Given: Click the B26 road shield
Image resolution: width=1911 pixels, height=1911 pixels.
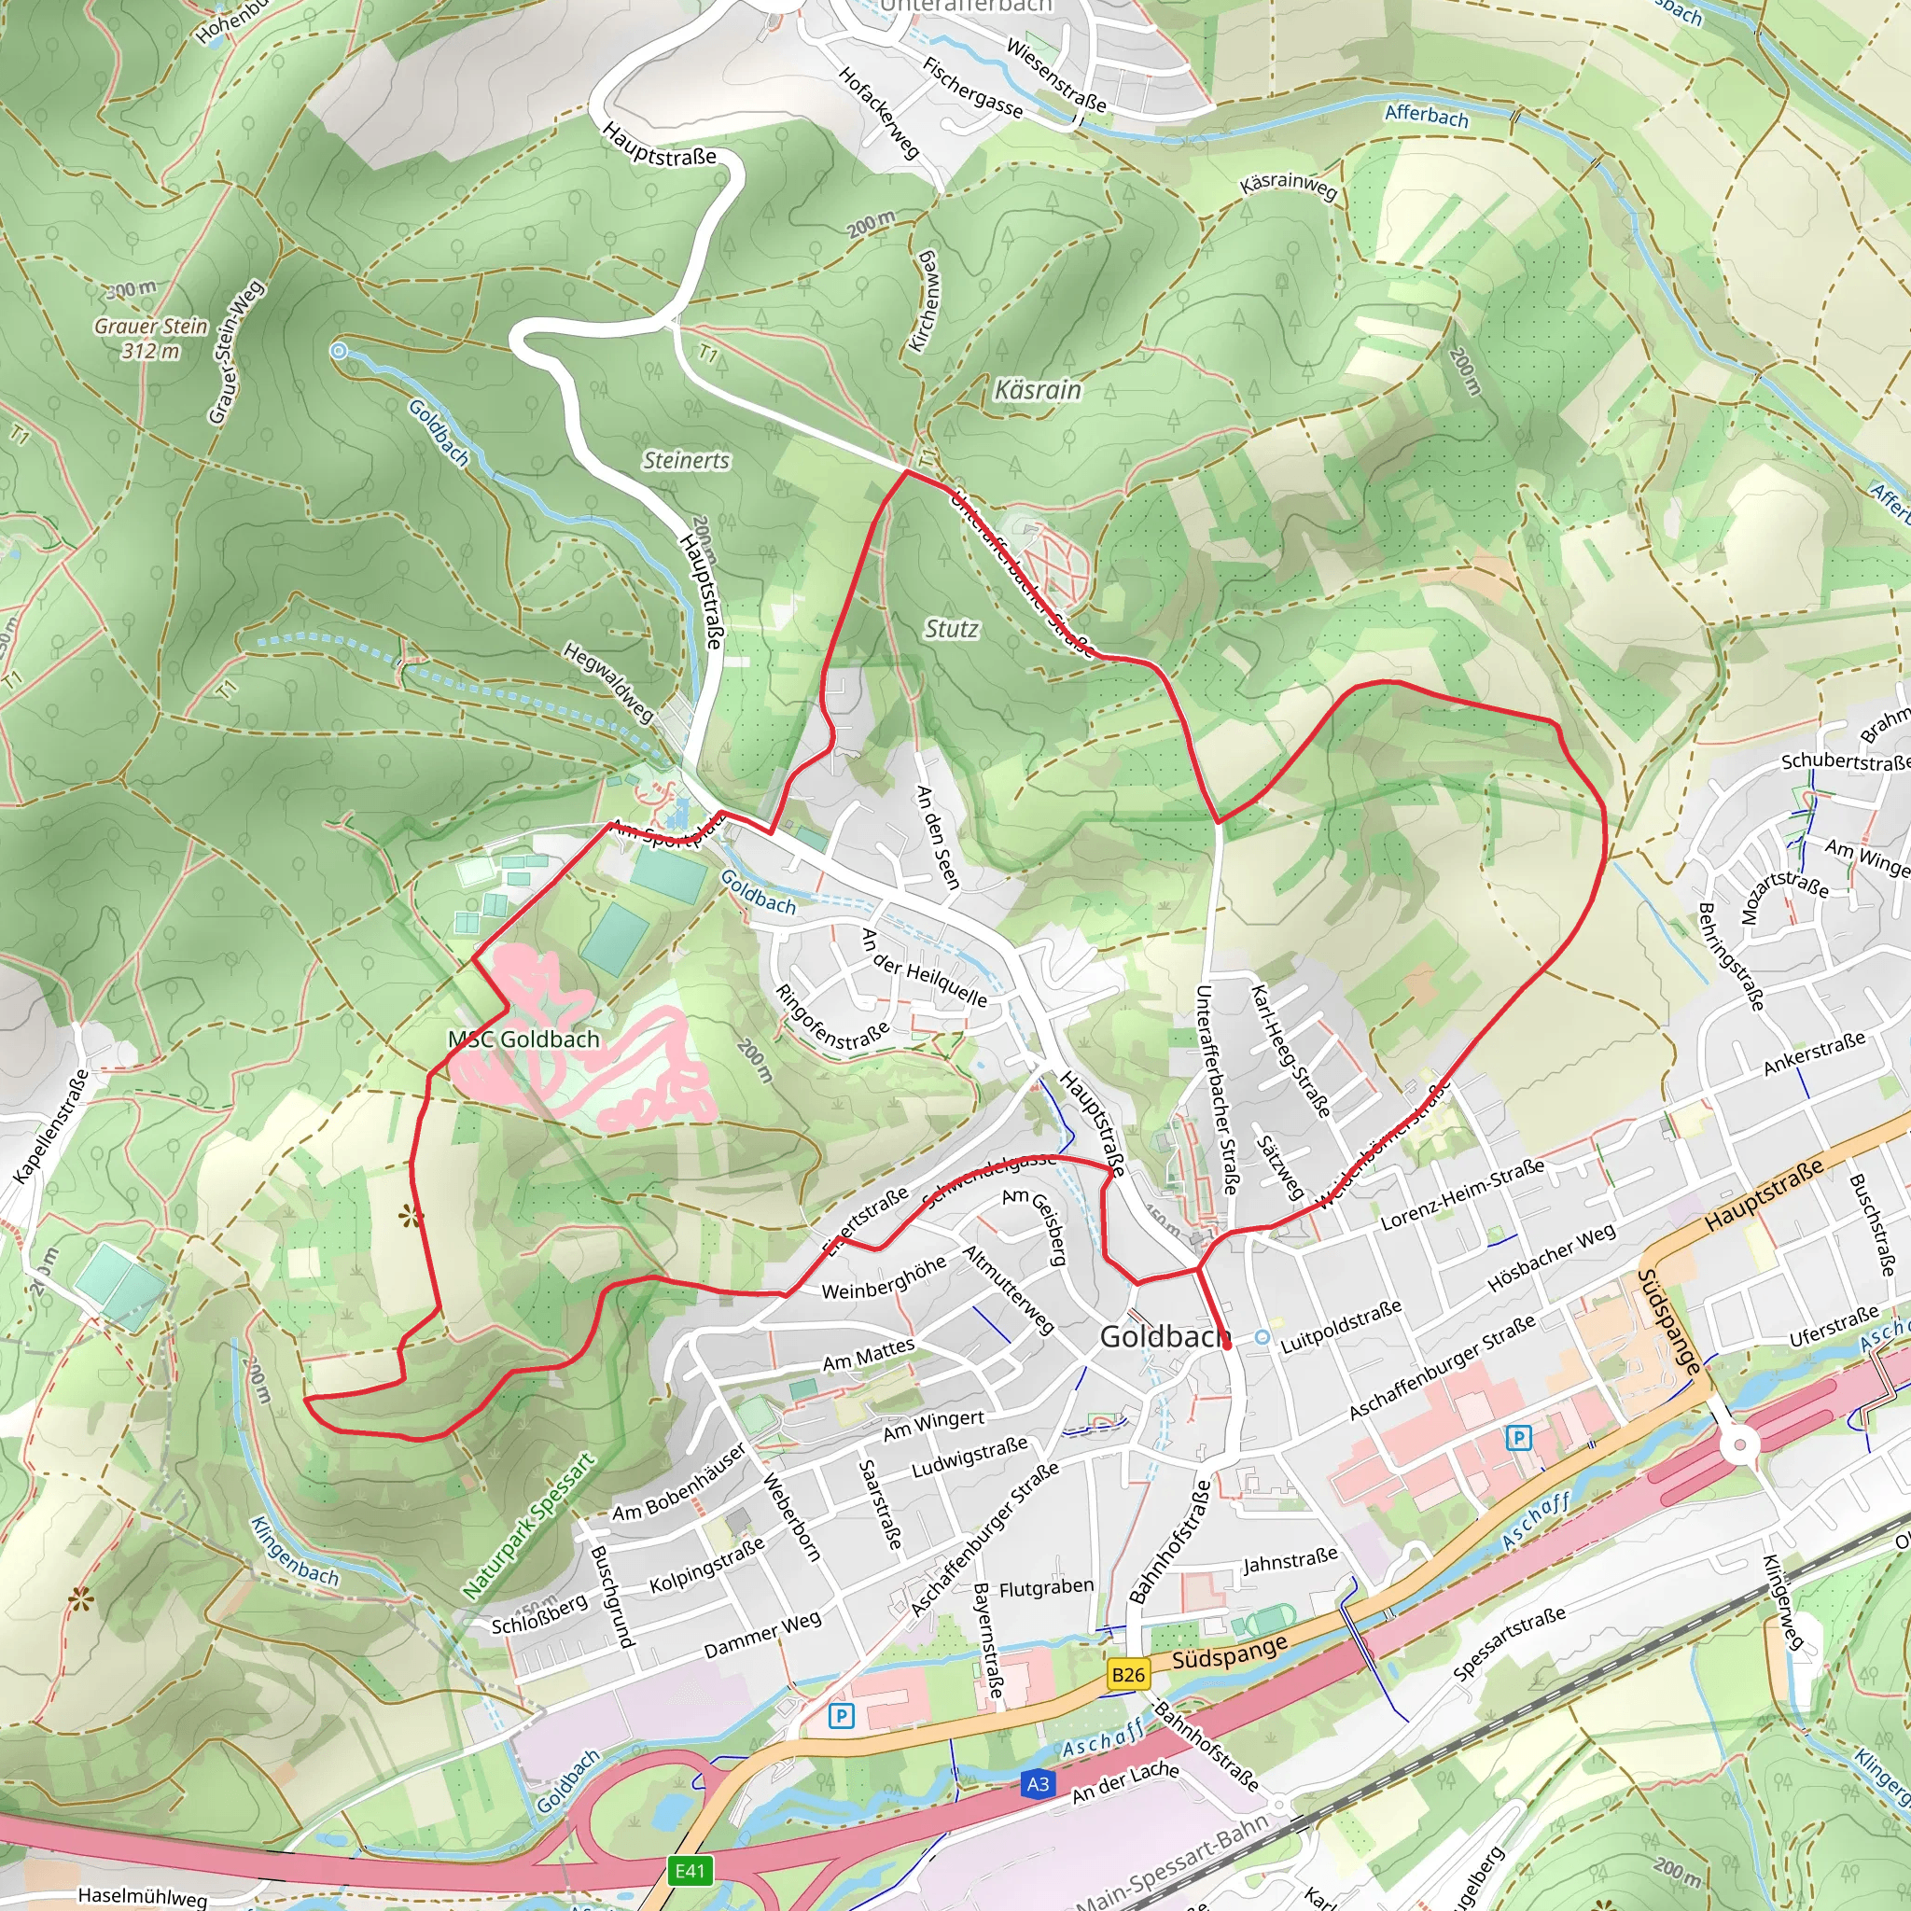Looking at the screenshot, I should [x=1127, y=1675].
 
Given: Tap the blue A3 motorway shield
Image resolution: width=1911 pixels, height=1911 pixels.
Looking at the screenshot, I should [x=1038, y=1784].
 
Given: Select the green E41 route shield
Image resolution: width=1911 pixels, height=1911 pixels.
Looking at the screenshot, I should [x=690, y=1871].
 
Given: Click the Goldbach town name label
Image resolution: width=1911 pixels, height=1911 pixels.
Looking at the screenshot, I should [x=1165, y=1337].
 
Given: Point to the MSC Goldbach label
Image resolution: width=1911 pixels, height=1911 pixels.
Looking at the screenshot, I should [x=523, y=1039].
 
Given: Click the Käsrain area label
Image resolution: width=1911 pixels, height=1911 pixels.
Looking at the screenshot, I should [x=1038, y=390].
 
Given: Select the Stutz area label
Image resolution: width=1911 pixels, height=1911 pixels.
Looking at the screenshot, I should [x=951, y=629].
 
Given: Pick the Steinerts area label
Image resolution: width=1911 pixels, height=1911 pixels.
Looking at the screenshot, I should [x=686, y=460].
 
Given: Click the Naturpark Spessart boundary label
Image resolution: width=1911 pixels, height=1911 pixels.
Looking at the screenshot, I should [x=529, y=1527].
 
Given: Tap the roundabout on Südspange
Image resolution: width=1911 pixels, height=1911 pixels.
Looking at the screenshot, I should [x=1739, y=1446].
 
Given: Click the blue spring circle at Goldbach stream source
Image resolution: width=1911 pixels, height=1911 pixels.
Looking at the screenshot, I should [x=339, y=350].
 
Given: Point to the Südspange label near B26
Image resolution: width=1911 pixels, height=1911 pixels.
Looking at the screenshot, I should [x=1230, y=1652].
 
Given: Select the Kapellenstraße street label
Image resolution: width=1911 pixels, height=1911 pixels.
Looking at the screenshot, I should [x=51, y=1126].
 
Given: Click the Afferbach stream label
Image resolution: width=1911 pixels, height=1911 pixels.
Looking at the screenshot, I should [x=1426, y=116].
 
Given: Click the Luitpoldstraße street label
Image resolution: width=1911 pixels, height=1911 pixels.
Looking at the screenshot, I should [x=1340, y=1328].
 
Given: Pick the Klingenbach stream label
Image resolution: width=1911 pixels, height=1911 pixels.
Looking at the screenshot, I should [x=294, y=1552].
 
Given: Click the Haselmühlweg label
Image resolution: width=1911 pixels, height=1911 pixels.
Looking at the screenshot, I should [x=143, y=1896].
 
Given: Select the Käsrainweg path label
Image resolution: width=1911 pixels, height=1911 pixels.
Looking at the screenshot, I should [x=1288, y=185].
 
